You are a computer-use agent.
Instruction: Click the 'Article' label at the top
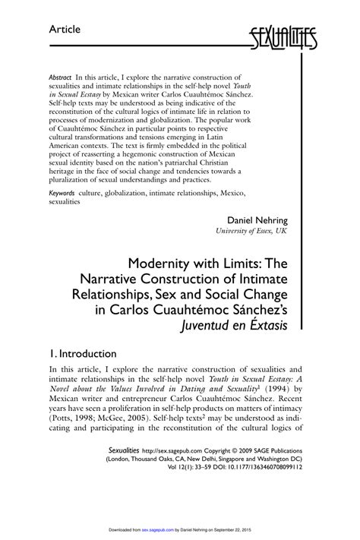coord(65,29)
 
